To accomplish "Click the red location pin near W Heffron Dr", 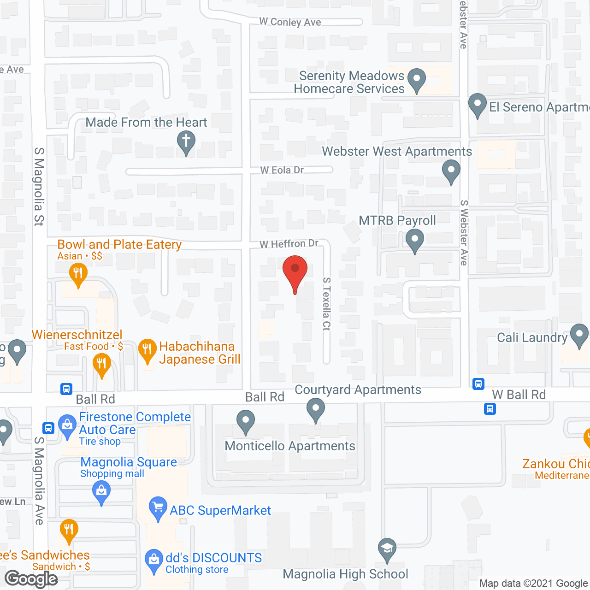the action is point(295,270).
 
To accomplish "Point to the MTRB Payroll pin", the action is point(415,240).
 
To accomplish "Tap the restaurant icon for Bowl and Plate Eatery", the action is point(78,274).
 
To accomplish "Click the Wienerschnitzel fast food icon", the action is point(102,364).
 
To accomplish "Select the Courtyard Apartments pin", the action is point(316,408).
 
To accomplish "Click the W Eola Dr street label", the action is point(282,170).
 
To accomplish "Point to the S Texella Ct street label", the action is point(326,304).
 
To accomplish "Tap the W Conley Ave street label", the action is point(290,22).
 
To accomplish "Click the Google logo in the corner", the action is point(31,579).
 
